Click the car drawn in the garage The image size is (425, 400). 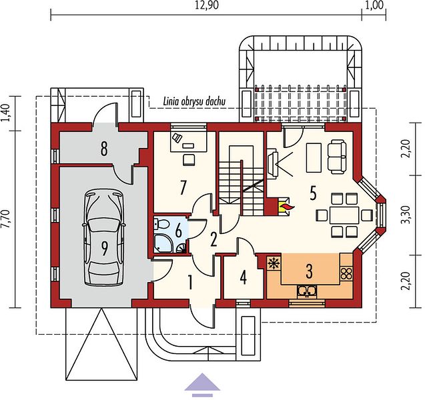(104, 237)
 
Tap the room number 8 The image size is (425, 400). (104, 149)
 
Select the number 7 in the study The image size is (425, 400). (183, 188)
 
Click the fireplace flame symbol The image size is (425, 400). (288, 207)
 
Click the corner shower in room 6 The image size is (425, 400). (163, 243)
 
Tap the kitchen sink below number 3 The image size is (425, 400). (306, 291)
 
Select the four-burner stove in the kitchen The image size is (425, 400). (346, 273)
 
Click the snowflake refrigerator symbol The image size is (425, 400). (274, 263)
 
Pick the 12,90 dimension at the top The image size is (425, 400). (207, 5)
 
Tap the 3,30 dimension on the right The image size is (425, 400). (405, 215)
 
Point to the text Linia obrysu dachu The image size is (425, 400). (194, 101)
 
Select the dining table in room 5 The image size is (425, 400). (344, 215)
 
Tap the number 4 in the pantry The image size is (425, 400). (243, 277)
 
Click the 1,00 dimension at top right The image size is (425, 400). (375, 5)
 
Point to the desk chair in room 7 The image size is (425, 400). (189, 159)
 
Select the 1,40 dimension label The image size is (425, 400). (7, 113)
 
